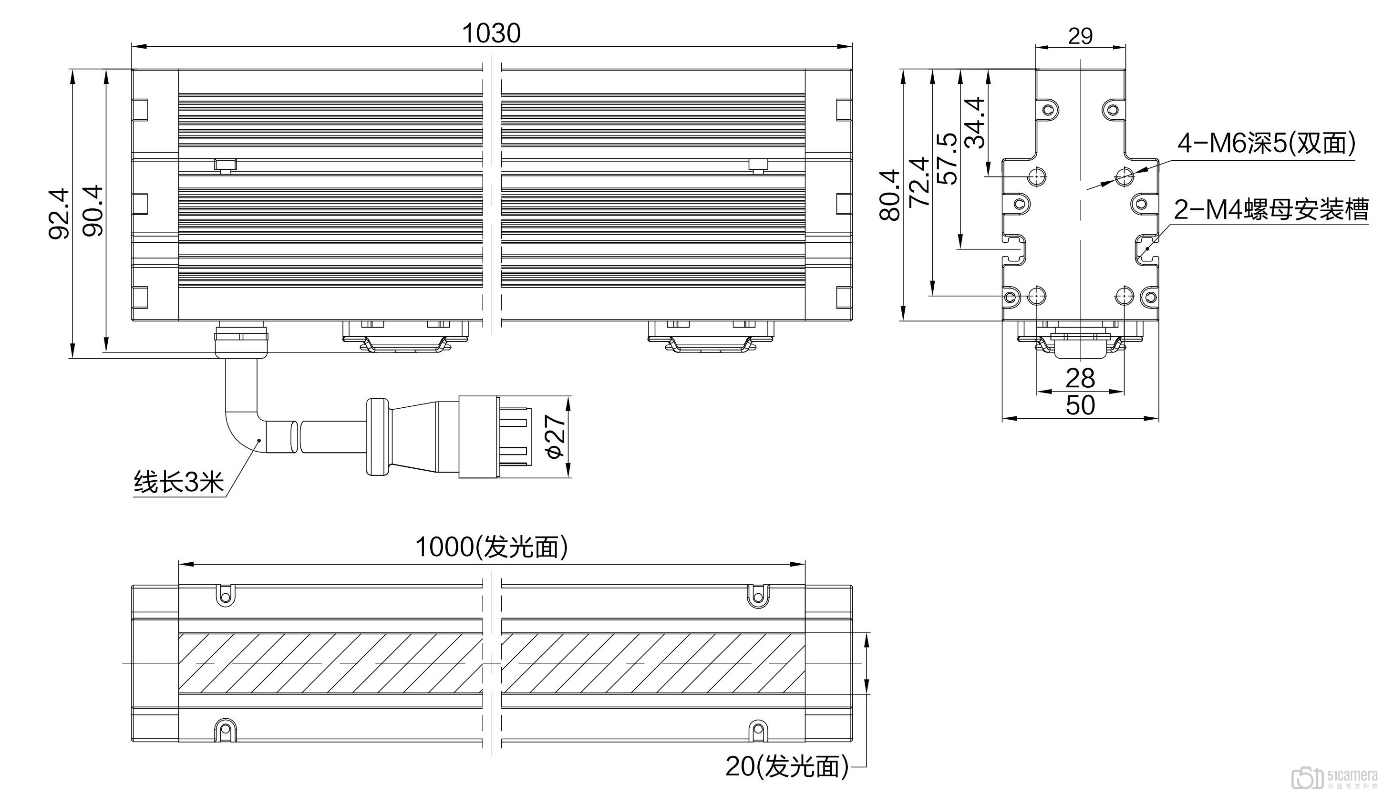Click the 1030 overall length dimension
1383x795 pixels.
point(491,33)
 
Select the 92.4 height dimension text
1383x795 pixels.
point(59,214)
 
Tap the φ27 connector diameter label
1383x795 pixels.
point(555,437)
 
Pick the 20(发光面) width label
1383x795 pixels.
point(787,766)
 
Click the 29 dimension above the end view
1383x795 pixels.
point(1080,36)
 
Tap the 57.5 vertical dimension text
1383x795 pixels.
point(947,159)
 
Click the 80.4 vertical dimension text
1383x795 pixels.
point(890,195)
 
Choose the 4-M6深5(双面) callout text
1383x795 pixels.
point(1266,144)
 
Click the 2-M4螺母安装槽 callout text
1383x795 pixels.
point(1271,210)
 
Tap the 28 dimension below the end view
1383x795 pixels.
point(1080,378)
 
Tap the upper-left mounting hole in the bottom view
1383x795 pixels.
point(225,595)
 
